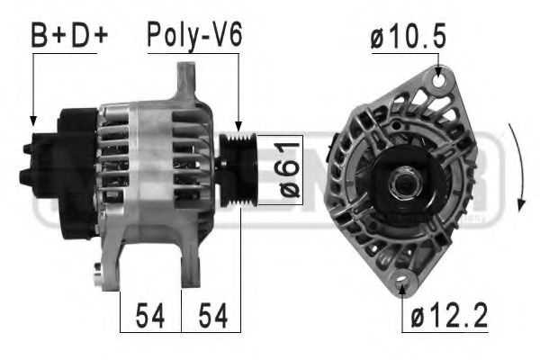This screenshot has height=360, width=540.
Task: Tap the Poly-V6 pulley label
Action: [x=194, y=37]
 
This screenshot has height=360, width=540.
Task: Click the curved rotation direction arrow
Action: [x=515, y=171]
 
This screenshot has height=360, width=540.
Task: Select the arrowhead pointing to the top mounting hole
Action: [x=438, y=69]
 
